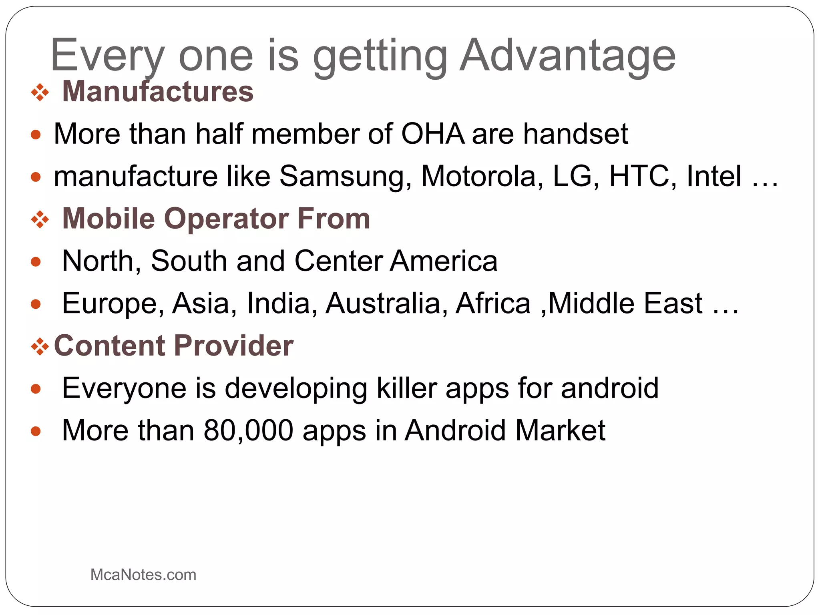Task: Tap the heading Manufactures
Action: [158, 92]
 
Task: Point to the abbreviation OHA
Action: [432, 134]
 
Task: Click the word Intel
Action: [714, 176]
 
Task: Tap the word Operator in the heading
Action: [226, 219]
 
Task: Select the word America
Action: [444, 261]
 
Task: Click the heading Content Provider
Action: [174, 346]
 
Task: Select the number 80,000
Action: [248, 430]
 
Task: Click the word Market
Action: [560, 430]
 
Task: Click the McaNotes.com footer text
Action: [143, 575]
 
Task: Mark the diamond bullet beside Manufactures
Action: [40, 93]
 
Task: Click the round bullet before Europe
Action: [36, 304]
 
